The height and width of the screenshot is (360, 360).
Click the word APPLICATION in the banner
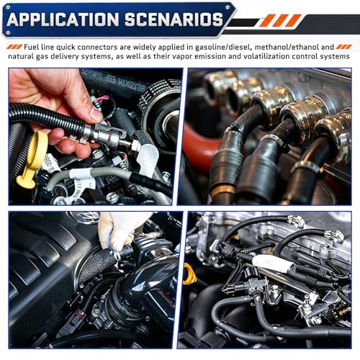click(x=63, y=19)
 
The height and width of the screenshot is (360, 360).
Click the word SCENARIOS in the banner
click(x=174, y=19)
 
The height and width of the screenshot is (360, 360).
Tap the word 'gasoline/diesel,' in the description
click(x=224, y=48)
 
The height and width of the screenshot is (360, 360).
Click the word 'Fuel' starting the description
click(x=31, y=47)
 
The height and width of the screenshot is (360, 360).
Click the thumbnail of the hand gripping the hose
click(x=96, y=137)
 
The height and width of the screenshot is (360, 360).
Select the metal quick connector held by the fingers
click(x=111, y=136)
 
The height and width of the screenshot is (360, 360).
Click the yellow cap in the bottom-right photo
click(x=189, y=274)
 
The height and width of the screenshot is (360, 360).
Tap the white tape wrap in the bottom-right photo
click(x=272, y=263)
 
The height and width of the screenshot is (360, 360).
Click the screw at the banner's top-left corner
click(x=8, y=8)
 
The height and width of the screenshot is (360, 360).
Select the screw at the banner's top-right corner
click(x=227, y=8)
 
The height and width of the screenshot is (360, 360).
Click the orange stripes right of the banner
click(x=280, y=20)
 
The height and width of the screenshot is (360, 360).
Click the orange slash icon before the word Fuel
click(x=14, y=47)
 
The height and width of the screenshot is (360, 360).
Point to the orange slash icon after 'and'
click(x=344, y=47)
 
